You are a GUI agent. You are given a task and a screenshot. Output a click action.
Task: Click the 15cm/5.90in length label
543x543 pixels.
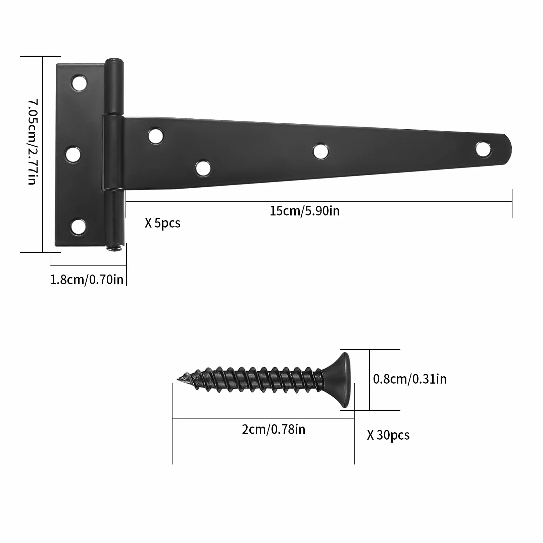(x=304, y=211)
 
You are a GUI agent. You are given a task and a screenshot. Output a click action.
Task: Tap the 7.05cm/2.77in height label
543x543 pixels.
(x=32, y=142)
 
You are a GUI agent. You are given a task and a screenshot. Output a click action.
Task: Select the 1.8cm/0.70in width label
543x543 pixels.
(x=87, y=280)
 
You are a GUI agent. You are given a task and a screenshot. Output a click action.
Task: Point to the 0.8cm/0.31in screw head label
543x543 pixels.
(x=410, y=379)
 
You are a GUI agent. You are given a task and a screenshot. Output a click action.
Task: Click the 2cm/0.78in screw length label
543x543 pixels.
(x=274, y=429)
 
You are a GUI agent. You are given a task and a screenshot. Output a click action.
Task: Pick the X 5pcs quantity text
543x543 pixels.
(x=162, y=223)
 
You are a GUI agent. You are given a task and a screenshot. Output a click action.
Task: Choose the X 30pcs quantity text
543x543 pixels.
(x=388, y=435)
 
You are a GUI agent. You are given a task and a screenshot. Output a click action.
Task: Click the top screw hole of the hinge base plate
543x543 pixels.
(x=79, y=83)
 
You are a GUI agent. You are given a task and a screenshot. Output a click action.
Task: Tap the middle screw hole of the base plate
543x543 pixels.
(x=73, y=154)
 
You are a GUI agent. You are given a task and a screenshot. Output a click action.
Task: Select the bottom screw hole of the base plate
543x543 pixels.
(x=78, y=227)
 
